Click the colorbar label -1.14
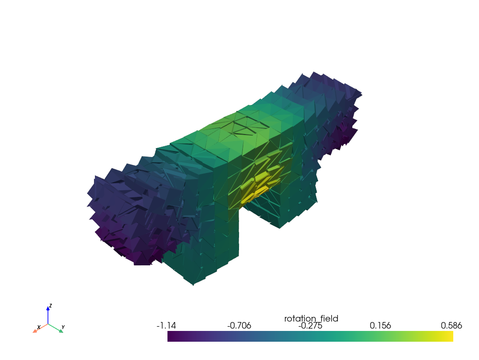pos(166,325)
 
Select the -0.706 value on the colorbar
pos(239,325)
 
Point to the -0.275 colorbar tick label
pos(310,325)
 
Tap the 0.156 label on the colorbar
pos(380,325)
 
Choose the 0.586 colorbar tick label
pos(451,325)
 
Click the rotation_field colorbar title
pos(311,319)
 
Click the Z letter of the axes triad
pos(51,306)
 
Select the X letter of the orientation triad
pos(39,327)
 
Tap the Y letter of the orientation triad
pos(63,327)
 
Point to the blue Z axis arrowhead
pos(48,308)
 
